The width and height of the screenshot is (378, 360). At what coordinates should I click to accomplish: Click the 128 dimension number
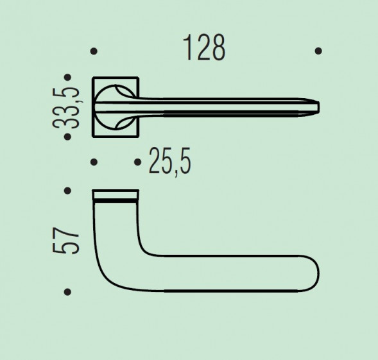[x=204, y=47]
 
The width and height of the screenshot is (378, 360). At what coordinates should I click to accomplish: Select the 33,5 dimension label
[x=66, y=108]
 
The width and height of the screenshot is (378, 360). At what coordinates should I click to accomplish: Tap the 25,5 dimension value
[x=170, y=161]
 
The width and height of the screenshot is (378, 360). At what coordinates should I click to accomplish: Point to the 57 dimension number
[x=66, y=241]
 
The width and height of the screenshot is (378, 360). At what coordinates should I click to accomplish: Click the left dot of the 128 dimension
[x=94, y=51]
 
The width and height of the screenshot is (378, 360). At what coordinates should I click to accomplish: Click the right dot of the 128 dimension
[x=318, y=51]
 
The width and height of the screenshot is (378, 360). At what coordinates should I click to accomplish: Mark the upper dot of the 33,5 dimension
[x=68, y=78]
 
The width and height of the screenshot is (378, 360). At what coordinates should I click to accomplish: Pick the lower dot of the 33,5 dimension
[x=68, y=137]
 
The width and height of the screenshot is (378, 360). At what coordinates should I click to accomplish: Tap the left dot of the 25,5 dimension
[x=94, y=162]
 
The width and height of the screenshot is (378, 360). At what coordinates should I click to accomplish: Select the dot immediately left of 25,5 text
[x=137, y=162]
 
